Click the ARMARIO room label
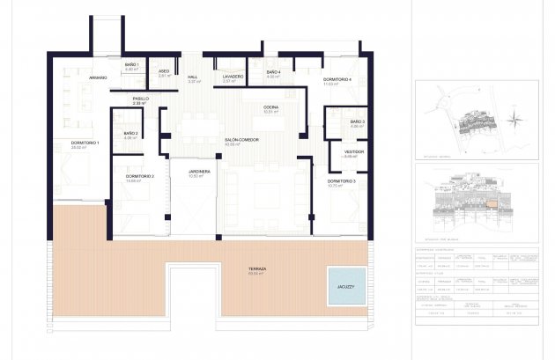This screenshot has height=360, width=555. click(x=98, y=77)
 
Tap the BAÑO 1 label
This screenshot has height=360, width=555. click(x=131, y=66)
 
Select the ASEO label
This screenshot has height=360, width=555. click(x=163, y=72)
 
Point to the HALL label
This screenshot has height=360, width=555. click(x=192, y=77)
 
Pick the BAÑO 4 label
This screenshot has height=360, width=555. click(x=273, y=72)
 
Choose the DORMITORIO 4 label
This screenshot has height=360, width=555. click(x=337, y=80)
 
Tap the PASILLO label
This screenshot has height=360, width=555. click(x=140, y=99)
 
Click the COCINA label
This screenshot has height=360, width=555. click(x=270, y=108)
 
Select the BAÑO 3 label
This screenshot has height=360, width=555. click(x=357, y=122)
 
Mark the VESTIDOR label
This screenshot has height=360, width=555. click(x=353, y=151)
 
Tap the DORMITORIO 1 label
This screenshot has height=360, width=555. click(x=85, y=143)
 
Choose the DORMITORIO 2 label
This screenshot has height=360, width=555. click(x=140, y=177)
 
